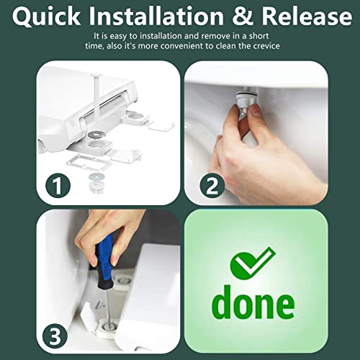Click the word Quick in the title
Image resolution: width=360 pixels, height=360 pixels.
46,16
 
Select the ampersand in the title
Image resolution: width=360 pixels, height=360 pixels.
242,16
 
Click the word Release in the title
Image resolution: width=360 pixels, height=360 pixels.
307,16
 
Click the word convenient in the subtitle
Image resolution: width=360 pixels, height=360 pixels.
182,45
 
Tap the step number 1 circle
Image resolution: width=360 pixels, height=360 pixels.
58,185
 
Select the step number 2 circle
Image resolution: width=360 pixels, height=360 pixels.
212,186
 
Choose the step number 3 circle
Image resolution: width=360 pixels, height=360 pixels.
55,336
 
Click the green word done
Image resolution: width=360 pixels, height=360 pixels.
253,302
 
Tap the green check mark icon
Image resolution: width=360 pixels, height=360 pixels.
252,262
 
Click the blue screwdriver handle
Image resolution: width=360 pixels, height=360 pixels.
104,263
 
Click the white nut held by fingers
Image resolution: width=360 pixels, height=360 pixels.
244,101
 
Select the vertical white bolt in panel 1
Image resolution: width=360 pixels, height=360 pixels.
96,96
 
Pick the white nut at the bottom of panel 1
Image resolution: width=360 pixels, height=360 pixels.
96,186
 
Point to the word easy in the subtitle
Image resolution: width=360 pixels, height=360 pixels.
118,37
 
